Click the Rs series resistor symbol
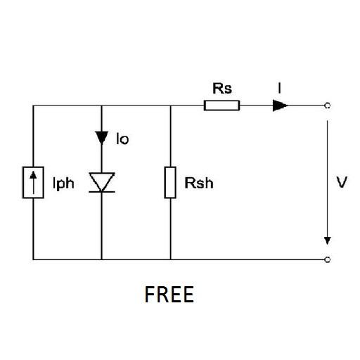[x=221, y=106]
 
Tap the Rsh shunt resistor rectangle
[x=170, y=183]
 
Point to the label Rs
[x=222, y=89]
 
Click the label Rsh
[x=198, y=184]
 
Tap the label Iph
[x=63, y=185]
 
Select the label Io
[x=122, y=139]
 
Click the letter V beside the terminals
[x=342, y=183]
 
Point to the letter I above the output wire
[x=281, y=89]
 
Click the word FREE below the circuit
[x=169, y=295]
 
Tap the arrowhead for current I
[x=280, y=106]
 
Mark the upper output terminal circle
[x=327, y=106]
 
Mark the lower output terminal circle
[x=327, y=259]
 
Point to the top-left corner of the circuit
[x=34, y=106]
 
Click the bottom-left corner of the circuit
[x=34, y=259]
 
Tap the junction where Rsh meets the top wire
[x=170, y=106]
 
